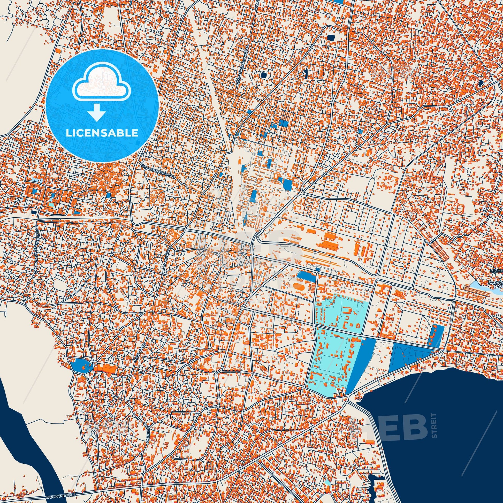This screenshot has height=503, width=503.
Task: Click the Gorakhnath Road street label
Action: click(158, 171)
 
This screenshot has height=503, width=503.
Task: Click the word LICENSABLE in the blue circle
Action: click(102, 133)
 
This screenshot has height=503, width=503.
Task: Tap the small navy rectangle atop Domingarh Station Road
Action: click(34, 212)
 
